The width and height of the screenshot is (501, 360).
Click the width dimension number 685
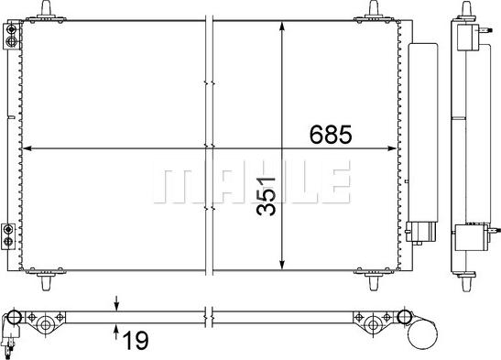331,134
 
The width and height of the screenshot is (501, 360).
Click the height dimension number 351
266,196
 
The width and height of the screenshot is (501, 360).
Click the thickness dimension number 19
136,341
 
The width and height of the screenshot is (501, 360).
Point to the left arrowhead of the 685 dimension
27,148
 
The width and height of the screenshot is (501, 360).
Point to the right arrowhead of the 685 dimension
392,148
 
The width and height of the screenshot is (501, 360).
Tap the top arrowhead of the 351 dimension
282,27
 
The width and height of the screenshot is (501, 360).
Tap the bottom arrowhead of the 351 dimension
282,265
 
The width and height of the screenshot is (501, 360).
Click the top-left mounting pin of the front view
47,8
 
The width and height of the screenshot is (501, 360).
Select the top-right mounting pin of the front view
373,8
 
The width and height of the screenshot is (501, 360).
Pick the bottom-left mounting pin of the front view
47,283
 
